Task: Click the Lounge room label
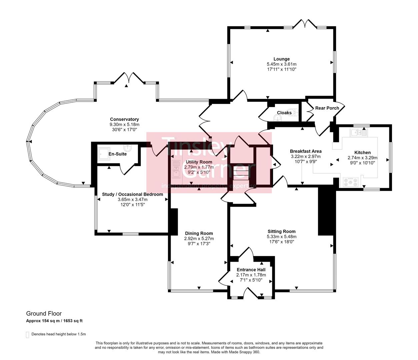point(282,59)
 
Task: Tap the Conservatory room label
point(124,119)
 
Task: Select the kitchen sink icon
point(358,133)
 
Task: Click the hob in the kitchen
point(351,182)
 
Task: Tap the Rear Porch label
point(327,108)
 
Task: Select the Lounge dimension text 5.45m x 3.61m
point(282,64)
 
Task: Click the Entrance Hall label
point(251,270)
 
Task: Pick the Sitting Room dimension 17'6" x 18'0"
point(281,242)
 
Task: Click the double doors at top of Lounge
point(305,24)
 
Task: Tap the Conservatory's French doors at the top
point(129,77)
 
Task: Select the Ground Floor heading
point(44,313)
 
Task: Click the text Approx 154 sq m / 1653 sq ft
point(54,321)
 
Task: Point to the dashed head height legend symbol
point(27,334)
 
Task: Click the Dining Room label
point(199,233)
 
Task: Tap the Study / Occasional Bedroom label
point(132,194)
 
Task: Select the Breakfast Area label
point(305,151)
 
